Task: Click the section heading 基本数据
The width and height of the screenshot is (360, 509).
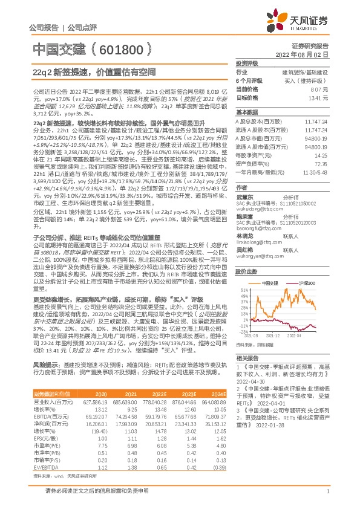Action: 247,112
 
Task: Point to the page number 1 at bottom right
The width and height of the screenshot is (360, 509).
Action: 327,498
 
